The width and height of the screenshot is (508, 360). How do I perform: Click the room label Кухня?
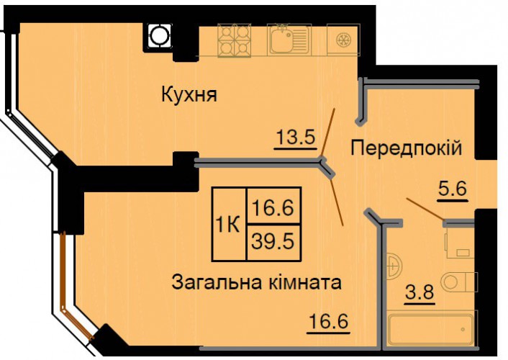pyautogui.click(x=189, y=95)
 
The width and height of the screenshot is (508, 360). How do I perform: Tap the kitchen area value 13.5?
pyautogui.click(x=296, y=138)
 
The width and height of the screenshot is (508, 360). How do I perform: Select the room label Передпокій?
pyautogui.click(x=407, y=148)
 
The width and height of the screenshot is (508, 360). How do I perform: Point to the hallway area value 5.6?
pyautogui.click(x=453, y=189)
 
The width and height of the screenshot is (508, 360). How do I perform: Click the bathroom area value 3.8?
pyautogui.click(x=419, y=292)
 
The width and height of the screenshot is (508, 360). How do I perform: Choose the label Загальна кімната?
pyautogui.click(x=256, y=282)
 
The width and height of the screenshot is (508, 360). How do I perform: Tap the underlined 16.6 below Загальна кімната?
pyautogui.click(x=329, y=321)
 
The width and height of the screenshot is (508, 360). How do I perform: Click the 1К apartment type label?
pyautogui.click(x=228, y=225)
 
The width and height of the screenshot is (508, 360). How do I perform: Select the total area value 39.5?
pyautogui.click(x=273, y=242)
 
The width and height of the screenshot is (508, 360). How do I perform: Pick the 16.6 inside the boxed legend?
pyautogui.click(x=273, y=207)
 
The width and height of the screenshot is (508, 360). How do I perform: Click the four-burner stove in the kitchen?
pyautogui.click(x=235, y=40)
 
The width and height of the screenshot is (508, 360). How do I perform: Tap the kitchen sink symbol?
pyautogui.click(x=289, y=40)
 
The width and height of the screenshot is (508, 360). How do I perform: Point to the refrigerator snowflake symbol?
pyautogui.click(x=343, y=40)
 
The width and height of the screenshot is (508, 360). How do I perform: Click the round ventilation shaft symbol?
pyautogui.click(x=159, y=35)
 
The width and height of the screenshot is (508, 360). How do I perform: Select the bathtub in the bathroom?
pyautogui.click(x=431, y=329)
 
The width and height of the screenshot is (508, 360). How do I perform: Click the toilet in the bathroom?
pyautogui.click(x=459, y=282)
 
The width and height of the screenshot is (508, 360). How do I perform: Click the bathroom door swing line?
pyautogui.click(x=425, y=210)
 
